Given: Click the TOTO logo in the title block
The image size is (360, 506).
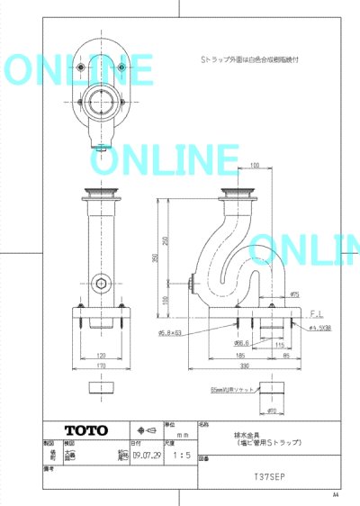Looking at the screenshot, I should (85, 429).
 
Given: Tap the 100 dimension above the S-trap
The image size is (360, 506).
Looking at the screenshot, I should (255, 166).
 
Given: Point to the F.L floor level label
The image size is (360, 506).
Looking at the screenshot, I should (316, 313).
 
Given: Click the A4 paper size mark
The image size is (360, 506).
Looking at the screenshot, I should (335, 495).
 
